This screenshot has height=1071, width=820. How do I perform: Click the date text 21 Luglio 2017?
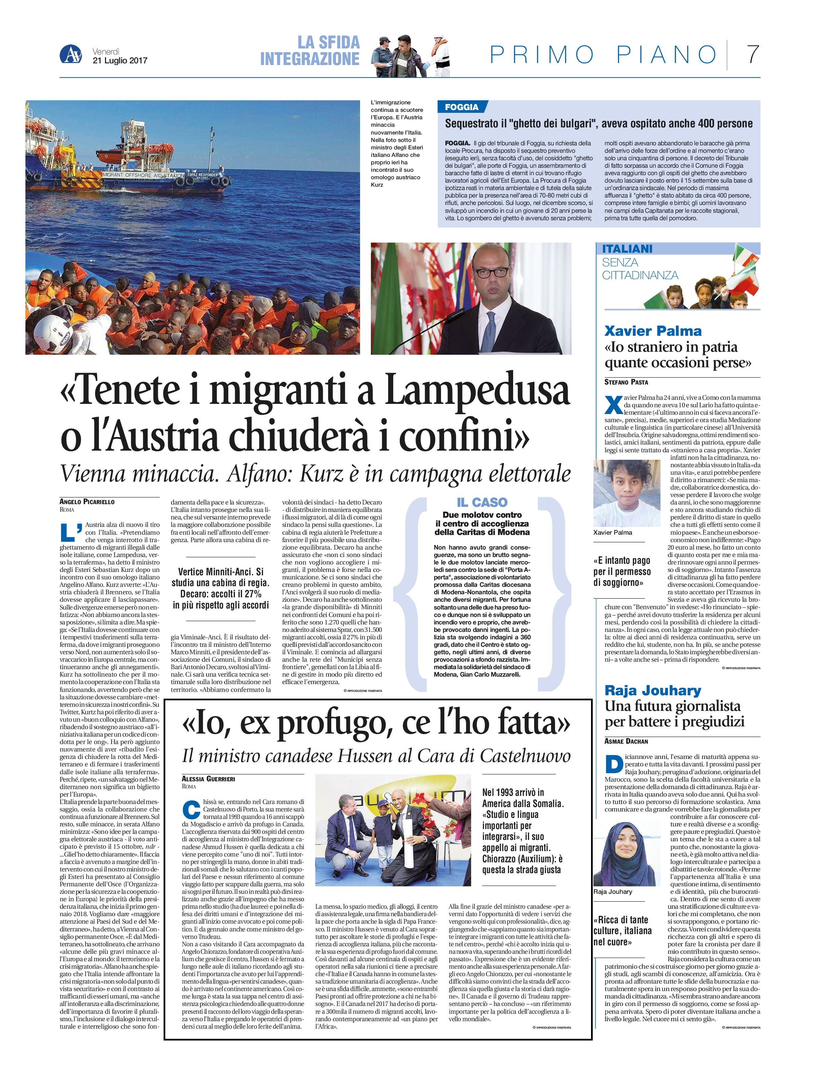tap(120, 61)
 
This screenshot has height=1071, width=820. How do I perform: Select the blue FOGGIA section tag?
tap(462, 107)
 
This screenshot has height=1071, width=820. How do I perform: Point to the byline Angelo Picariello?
tap(87, 501)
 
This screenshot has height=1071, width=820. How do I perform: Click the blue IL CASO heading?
tap(482, 502)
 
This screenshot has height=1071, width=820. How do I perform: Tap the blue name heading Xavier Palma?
tap(653, 331)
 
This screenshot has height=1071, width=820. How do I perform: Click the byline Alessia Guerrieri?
tap(208, 779)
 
